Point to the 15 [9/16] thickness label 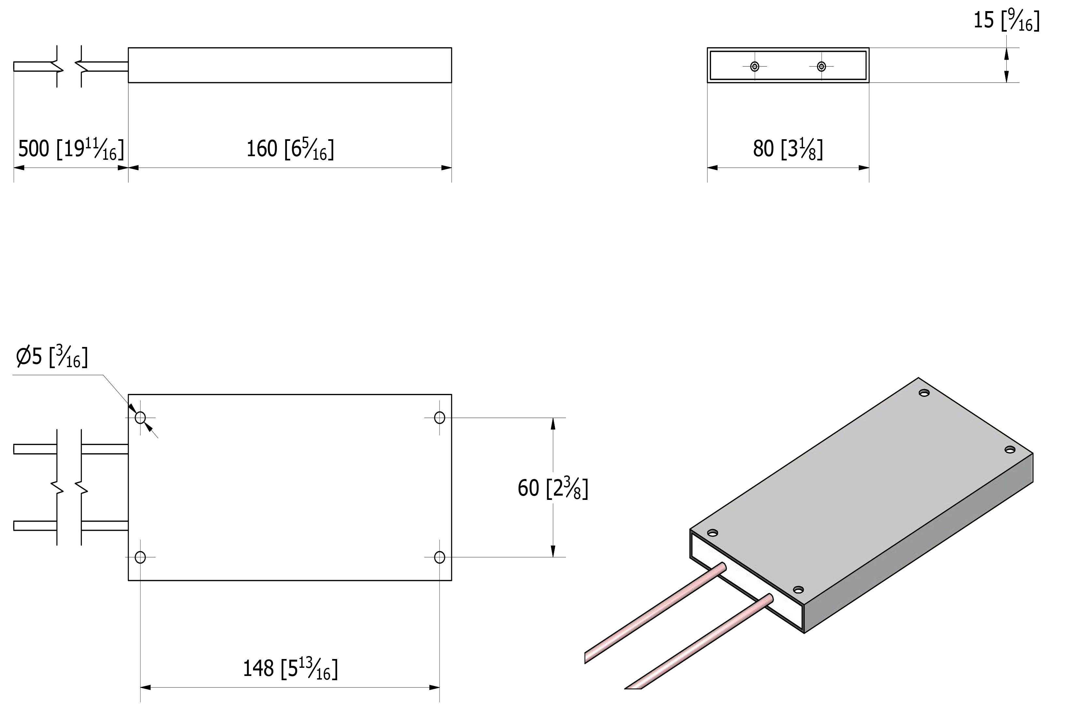pyautogui.click(x=1006, y=20)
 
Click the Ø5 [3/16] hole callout pyautogui.click(x=52, y=357)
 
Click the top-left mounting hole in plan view pyautogui.click(x=140, y=418)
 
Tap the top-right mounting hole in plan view pyautogui.click(x=440, y=418)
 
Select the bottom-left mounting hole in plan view pyautogui.click(x=140, y=558)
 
